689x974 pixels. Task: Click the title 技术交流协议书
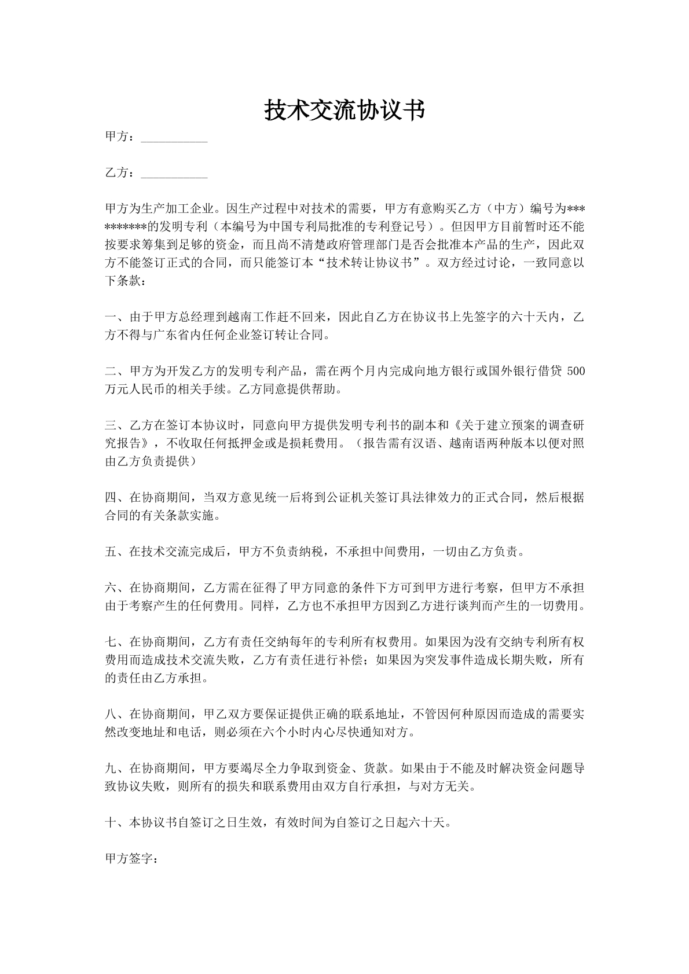(x=345, y=111)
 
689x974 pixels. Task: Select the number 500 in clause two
(x=576, y=371)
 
